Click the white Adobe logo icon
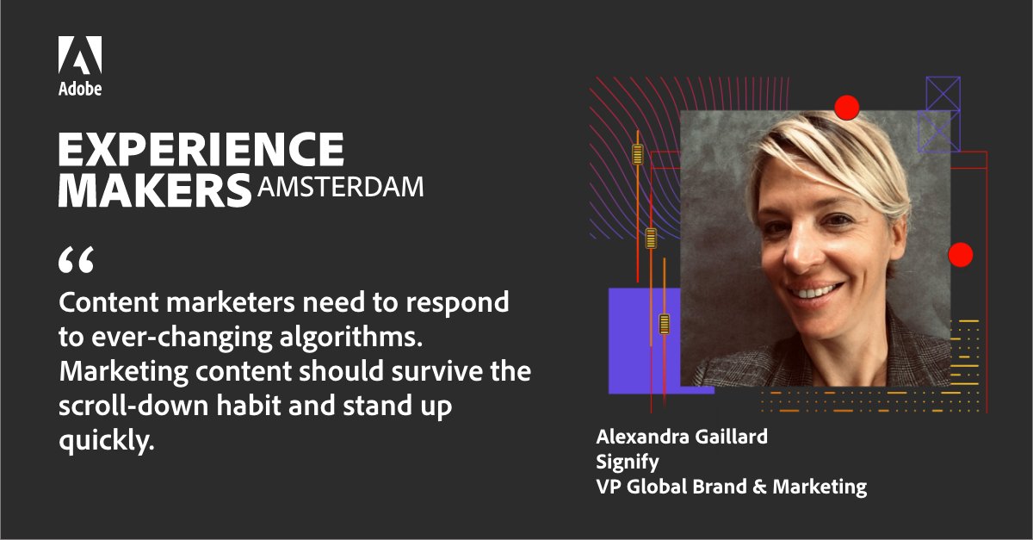[x=80, y=55]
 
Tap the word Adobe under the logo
[x=80, y=88]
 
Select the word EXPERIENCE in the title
[x=201, y=150]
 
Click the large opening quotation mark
[x=75, y=259]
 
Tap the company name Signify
[x=628, y=462]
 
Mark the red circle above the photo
[x=847, y=107]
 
